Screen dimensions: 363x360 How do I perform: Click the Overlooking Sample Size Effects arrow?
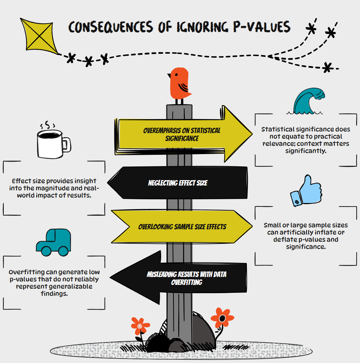click(182, 227)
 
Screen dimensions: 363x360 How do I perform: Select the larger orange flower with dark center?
click(222, 318)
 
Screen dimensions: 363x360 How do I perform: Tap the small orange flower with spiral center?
click(140, 326)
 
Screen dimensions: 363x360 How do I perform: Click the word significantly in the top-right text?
click(305, 151)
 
